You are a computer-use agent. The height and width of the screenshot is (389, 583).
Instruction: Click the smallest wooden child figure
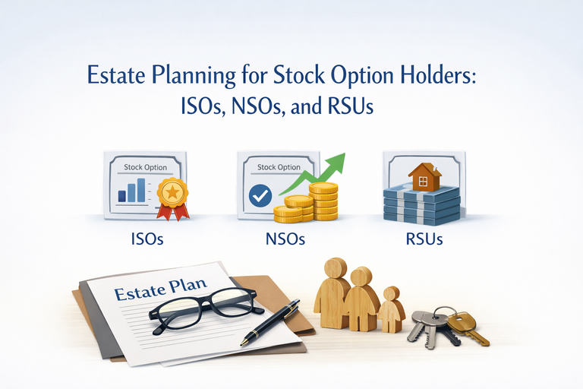click(392, 310)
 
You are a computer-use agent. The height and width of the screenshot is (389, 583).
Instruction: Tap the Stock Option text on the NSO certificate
click(279, 167)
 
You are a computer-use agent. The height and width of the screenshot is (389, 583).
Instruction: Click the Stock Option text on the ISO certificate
click(144, 166)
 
